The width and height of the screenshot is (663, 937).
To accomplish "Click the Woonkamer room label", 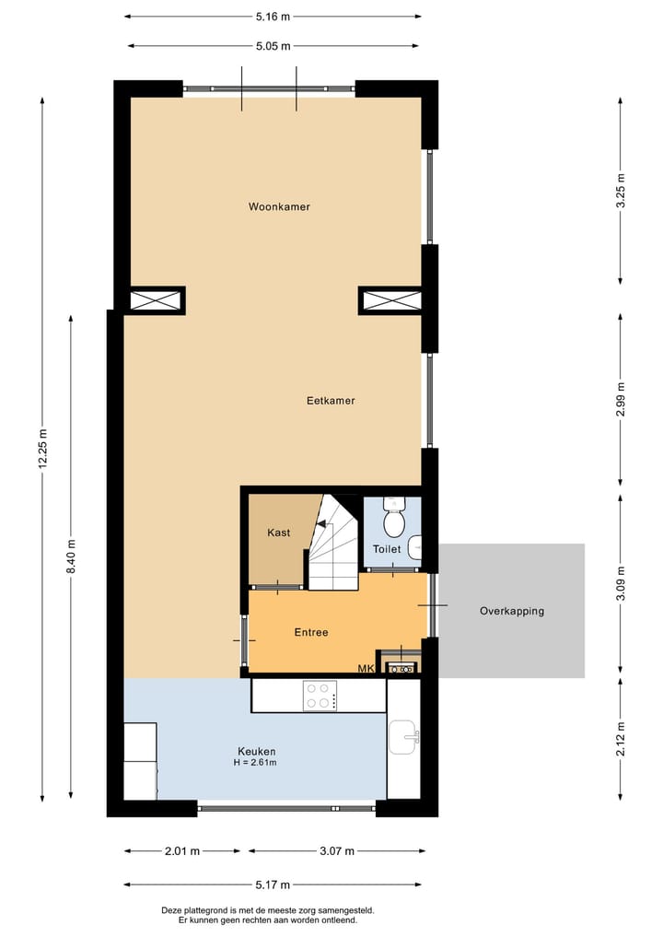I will pos(279,207).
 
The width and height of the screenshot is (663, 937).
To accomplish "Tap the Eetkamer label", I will pos(331,401).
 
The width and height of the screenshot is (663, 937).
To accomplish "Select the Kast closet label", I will pos(279,533).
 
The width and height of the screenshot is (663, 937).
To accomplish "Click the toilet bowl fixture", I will pos(394,521).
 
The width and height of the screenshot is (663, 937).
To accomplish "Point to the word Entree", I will pos(311,632).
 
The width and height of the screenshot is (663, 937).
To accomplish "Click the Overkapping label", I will pos(511,611).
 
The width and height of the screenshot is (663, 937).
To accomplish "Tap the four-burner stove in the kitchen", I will pos(320,696).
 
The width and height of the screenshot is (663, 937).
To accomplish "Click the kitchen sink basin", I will pos(403,736).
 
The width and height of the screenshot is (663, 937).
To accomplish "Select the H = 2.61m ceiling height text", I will pos(256,763).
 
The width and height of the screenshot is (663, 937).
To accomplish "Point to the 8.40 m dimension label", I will pos(71,557).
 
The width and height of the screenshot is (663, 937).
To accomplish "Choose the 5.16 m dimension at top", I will pos(273,17).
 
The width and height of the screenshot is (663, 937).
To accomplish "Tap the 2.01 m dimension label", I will pos(181,851).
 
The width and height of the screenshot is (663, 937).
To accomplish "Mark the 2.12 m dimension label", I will pos(621,740).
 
